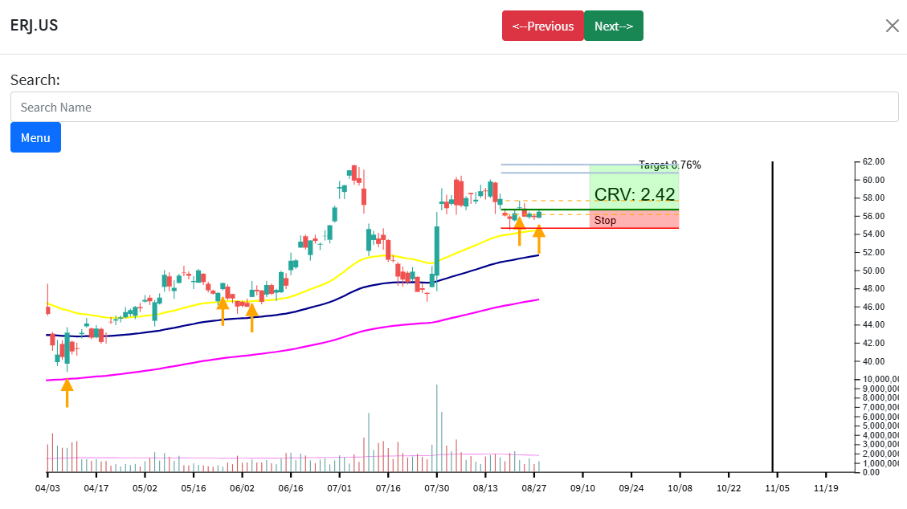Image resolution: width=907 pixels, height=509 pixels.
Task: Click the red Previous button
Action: coord(542,26)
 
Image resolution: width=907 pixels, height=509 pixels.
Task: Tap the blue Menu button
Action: coord(35,137)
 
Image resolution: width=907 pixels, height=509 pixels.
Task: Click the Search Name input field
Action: coord(454,107)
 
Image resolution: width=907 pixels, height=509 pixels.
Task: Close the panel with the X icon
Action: coord(892,26)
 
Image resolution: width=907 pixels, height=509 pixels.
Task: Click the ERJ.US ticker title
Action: coord(34,25)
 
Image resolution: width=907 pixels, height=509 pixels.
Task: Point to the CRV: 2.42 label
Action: coord(635,194)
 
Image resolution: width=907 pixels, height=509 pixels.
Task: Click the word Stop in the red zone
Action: coord(605,221)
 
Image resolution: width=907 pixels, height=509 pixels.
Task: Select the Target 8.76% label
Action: coord(669,165)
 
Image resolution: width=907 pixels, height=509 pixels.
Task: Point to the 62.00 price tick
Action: coord(873,161)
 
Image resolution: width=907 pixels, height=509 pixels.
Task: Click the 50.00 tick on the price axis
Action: coord(873,271)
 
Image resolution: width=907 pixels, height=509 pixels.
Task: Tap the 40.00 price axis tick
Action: coord(873,361)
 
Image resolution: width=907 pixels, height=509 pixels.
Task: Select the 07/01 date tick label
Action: coord(339,487)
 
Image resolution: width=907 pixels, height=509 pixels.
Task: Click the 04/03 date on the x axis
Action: coord(47,487)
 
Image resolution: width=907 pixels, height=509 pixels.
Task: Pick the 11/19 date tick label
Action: coord(826,487)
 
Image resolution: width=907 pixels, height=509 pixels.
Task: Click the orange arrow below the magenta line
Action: coord(67,392)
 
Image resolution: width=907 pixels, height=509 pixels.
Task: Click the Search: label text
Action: coord(35,80)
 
